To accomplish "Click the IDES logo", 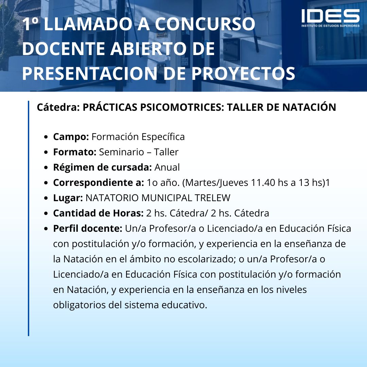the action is (x=330, y=18).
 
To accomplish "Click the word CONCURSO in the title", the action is (x=205, y=24).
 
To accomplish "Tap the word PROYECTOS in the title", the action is (x=243, y=73).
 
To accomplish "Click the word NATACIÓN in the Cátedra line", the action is (x=309, y=107).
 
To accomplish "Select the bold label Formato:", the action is (x=75, y=152).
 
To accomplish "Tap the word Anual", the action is (x=167, y=167).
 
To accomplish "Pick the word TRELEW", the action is (x=212, y=198).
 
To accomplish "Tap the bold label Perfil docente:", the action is (x=88, y=229).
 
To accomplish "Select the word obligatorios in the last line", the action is (x=79, y=305).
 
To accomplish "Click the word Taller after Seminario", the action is (x=166, y=152).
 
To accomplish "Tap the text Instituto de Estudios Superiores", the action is (x=330, y=26).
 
